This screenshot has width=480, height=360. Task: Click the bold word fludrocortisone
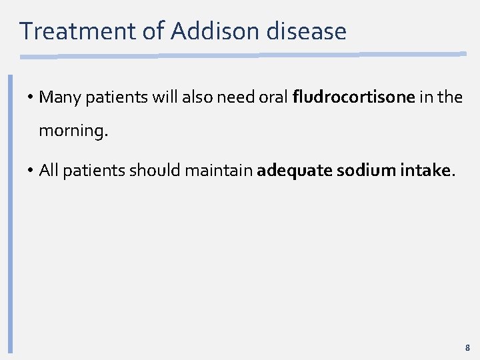[x=354, y=97]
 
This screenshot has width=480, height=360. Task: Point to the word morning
[x=72, y=131]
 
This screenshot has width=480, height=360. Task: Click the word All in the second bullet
[x=49, y=171]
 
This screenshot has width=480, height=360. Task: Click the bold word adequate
[x=294, y=171]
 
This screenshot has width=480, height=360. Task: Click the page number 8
[x=467, y=347]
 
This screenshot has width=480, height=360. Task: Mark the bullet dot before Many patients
[x=31, y=98]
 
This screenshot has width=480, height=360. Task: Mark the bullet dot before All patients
[x=31, y=171]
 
